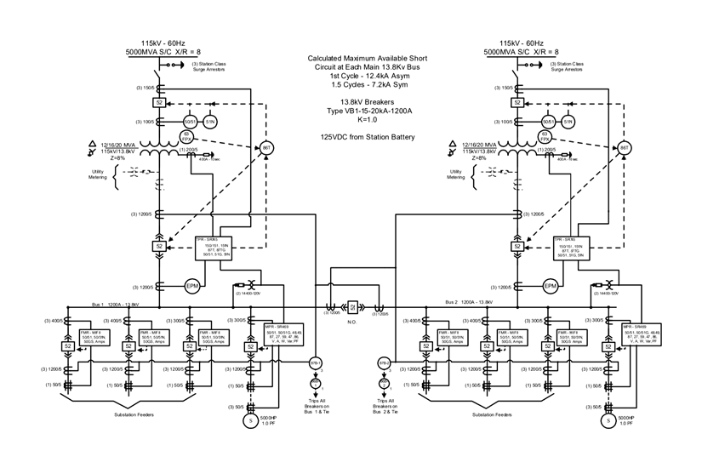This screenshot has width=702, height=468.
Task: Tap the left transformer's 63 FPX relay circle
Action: pos(186,137)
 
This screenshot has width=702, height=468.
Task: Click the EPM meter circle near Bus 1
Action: pos(192,286)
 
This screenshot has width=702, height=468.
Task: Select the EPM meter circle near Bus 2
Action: pos(551,286)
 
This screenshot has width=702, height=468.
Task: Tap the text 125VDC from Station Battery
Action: pos(368,136)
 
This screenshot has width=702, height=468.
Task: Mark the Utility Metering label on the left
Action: pos(98,174)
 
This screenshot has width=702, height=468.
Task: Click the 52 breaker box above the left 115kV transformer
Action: pos(158,102)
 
